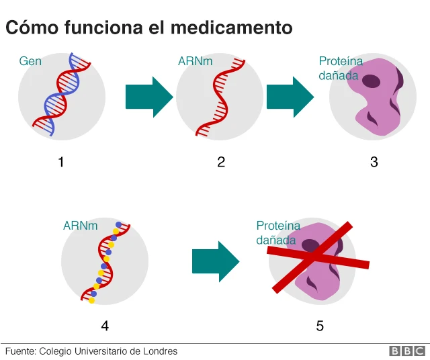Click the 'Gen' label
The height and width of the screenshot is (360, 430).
click(30, 61)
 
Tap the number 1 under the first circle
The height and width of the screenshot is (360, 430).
click(61, 162)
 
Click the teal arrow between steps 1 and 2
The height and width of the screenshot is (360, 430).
click(148, 97)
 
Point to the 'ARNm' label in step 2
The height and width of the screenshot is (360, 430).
click(195, 61)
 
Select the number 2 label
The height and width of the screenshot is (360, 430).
click(221, 162)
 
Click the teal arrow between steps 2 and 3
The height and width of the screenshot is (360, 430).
click(290, 97)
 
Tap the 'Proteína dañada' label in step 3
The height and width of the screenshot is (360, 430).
click(341, 67)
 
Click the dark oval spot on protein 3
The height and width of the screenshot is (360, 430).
click(371, 81)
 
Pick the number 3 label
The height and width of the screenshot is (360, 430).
click(374, 162)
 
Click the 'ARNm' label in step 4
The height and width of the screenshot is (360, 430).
click(80, 226)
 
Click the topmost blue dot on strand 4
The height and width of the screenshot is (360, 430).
click(119, 225)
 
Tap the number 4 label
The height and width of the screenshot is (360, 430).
click(105, 326)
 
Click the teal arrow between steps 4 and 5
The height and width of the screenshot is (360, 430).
click(215, 261)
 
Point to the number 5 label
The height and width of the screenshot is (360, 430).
click(320, 326)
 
